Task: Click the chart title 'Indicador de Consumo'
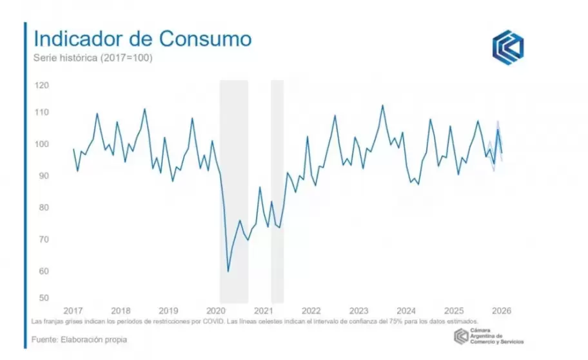(x=142, y=38)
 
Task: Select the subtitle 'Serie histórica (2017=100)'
(x=93, y=58)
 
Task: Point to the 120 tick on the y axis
(x=42, y=85)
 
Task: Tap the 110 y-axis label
(x=42, y=112)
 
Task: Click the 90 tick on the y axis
(x=42, y=175)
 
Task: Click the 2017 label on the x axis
(x=73, y=310)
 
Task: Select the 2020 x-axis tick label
(x=216, y=310)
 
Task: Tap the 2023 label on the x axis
(x=358, y=310)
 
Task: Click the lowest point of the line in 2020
(x=228, y=271)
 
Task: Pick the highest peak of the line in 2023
(x=382, y=105)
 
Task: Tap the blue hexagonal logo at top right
(x=508, y=46)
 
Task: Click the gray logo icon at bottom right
(x=461, y=336)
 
